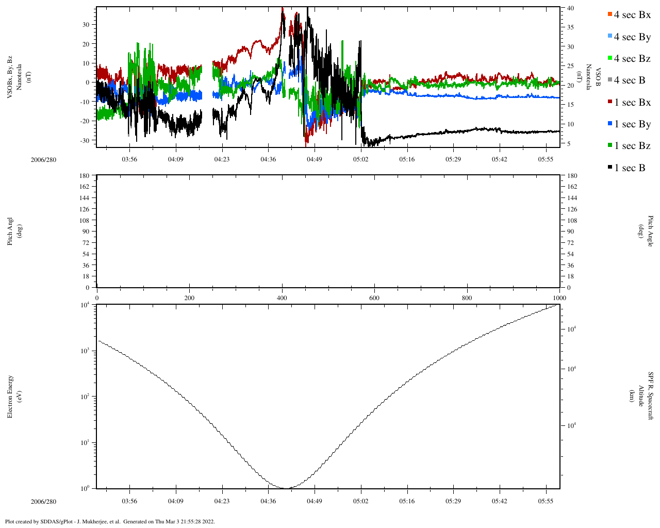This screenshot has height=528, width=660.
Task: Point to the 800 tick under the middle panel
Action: [467, 298]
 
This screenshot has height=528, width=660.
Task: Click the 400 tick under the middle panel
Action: [282, 298]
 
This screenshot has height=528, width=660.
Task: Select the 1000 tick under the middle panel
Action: [559, 298]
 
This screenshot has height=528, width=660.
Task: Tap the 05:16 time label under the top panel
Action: [407, 159]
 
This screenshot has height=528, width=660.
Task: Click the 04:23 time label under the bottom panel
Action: [222, 501]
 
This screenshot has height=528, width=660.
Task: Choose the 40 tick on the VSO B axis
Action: [570, 8]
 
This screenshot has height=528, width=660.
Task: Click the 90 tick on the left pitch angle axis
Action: [86, 232]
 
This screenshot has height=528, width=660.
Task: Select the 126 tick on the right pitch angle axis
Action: [572, 209]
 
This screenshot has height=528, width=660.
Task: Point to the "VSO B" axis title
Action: [599, 78]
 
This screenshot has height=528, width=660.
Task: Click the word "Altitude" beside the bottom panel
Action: [641, 396]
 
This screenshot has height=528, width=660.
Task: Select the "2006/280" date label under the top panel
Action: [43, 159]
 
